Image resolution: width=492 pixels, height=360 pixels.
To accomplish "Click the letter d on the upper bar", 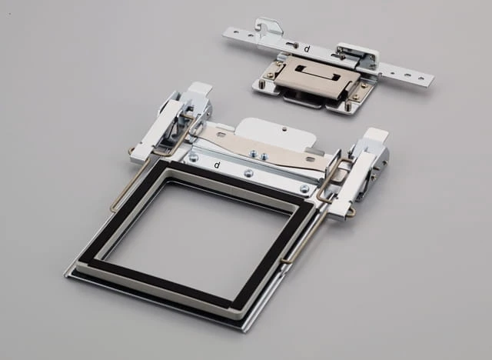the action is point(307,48).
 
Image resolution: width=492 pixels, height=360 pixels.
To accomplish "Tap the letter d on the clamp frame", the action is point(217,165).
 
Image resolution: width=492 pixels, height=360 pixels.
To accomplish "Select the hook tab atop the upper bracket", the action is point(268,26).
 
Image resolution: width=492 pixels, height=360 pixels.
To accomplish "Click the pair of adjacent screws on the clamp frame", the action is point(258,155).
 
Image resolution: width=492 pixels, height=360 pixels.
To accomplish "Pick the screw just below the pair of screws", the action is point(248,172).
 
